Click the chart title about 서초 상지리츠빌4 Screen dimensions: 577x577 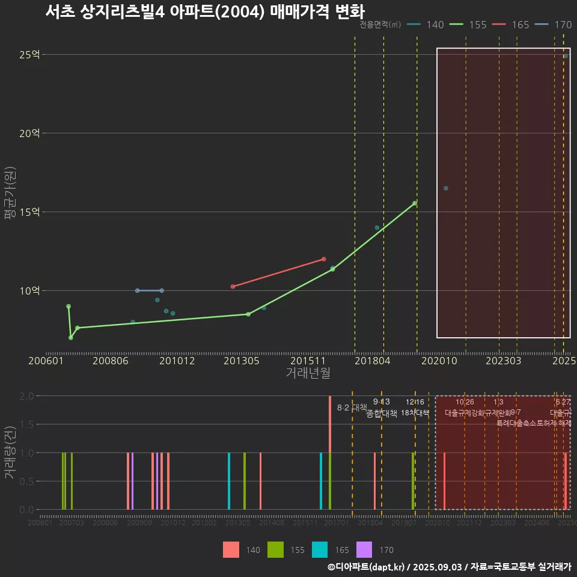tap(204, 11)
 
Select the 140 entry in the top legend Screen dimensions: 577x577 tap(426, 25)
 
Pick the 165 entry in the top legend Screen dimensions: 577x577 tap(511, 25)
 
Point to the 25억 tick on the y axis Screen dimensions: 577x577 tap(29, 55)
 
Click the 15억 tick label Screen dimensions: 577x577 tap(29, 212)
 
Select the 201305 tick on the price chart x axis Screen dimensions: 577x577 tap(242, 361)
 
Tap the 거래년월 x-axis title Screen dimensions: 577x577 tap(308, 373)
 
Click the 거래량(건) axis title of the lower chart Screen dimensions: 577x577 tap(10, 453)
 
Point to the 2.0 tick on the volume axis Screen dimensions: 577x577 tap(26, 396)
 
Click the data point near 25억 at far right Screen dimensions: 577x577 tap(565, 56)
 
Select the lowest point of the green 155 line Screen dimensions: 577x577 tap(71, 337)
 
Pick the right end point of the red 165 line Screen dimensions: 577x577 tap(323, 259)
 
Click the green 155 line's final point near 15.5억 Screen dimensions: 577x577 tap(415, 203)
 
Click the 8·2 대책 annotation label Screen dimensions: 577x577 tap(352, 408)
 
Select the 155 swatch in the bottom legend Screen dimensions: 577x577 tap(275, 549)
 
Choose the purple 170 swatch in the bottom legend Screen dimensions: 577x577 tap(364, 549)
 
